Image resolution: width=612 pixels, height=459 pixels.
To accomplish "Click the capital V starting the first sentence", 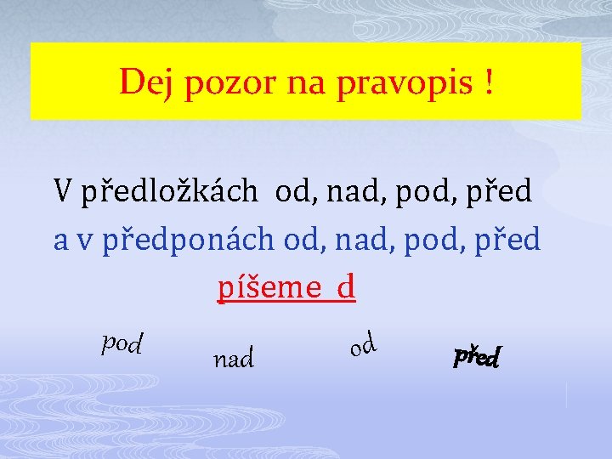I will pos(63,191).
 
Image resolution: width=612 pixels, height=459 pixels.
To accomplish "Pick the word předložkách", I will pos(169,191).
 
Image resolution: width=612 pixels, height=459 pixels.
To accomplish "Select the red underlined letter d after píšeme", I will pos(345,288).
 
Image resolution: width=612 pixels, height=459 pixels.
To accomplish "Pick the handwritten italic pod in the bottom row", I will pos(122,342).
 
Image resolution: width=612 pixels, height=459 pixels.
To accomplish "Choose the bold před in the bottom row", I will pos(477,356).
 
